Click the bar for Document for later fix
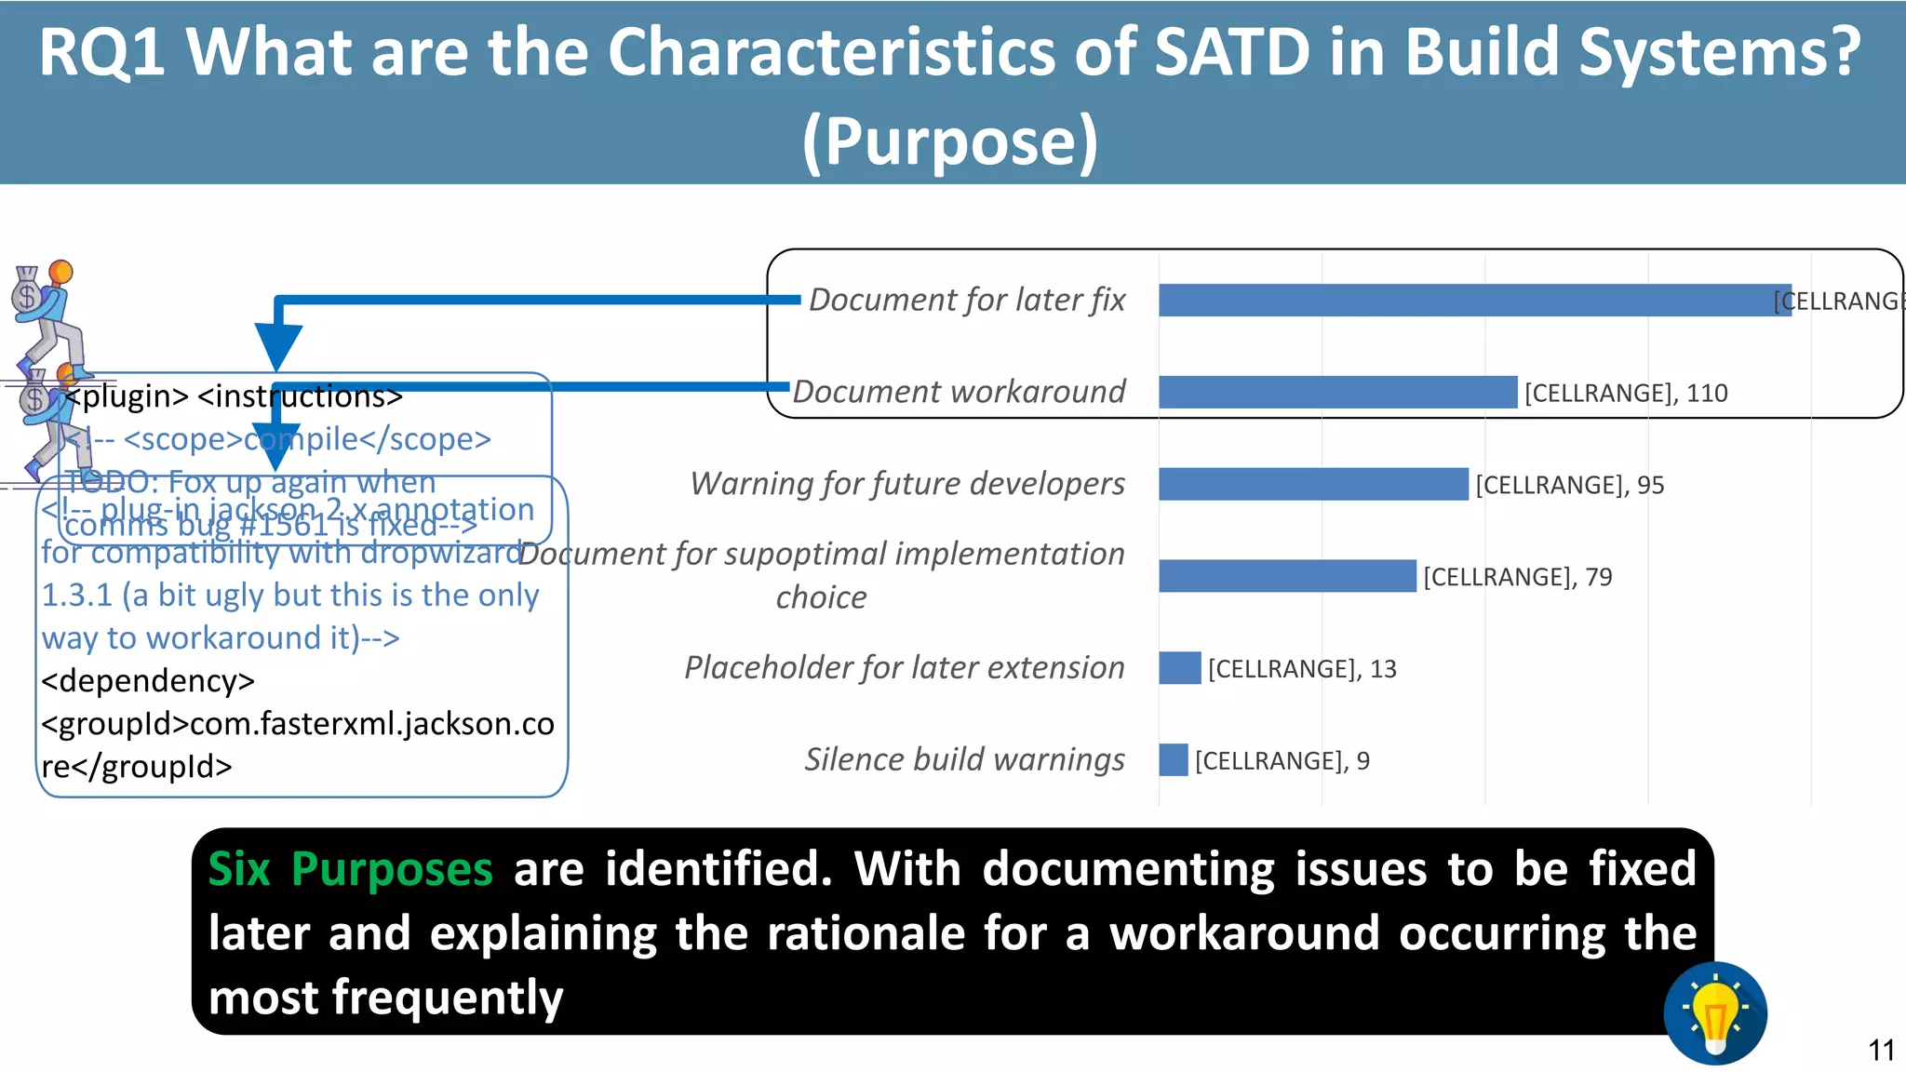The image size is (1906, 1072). (x=1474, y=300)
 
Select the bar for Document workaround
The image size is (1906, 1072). (x=1337, y=392)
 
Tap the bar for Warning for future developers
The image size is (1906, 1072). (x=1312, y=484)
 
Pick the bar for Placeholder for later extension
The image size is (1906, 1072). (x=1179, y=668)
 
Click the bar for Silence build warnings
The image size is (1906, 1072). (x=1173, y=759)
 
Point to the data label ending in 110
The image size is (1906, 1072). (x=1625, y=393)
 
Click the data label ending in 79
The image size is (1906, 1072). (x=1517, y=577)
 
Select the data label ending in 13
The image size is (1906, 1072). (x=1301, y=668)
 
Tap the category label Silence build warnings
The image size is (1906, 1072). (x=964, y=759)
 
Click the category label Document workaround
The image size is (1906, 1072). (x=959, y=392)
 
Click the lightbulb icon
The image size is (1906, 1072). (x=1714, y=1012)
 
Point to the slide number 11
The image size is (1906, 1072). (x=1881, y=1051)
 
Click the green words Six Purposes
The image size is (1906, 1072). (x=350, y=869)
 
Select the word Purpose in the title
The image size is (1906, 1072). (x=950, y=141)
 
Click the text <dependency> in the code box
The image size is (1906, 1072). (x=148, y=680)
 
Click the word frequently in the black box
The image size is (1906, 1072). (x=447, y=998)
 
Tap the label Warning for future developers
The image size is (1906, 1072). (x=906, y=484)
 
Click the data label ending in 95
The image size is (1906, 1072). (x=1569, y=485)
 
